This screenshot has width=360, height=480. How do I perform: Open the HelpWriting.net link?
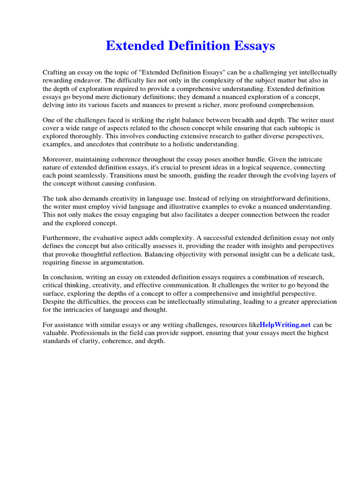coord(285,325)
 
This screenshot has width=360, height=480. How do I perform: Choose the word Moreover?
coord(59,160)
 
